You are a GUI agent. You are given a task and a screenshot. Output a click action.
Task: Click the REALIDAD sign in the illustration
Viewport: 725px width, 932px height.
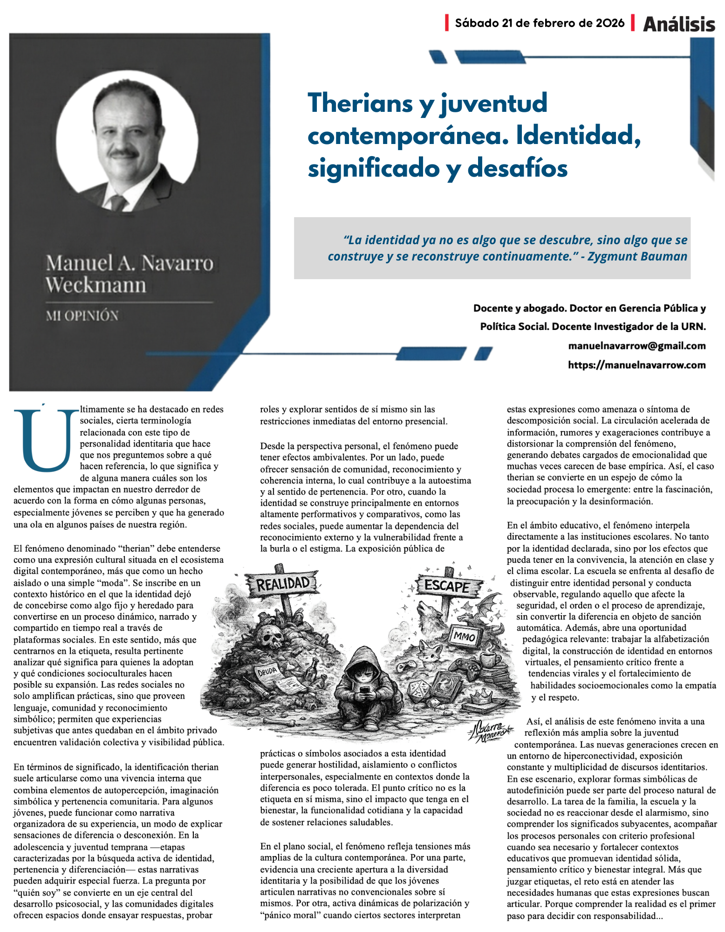tap(283, 583)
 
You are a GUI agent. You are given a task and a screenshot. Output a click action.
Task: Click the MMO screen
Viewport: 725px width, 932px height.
tap(464, 637)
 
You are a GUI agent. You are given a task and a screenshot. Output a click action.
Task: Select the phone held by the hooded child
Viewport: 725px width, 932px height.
tap(364, 689)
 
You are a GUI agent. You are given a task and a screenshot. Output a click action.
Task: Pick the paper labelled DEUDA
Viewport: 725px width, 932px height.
tap(267, 672)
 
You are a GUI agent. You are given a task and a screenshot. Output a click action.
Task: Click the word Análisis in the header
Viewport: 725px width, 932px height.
tap(679, 24)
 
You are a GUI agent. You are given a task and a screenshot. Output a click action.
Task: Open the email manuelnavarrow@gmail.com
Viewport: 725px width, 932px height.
tap(636, 346)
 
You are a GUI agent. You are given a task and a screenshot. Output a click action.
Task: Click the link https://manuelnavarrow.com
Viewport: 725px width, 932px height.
tap(636, 365)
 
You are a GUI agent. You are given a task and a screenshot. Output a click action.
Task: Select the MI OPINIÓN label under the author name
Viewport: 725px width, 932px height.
tap(82, 316)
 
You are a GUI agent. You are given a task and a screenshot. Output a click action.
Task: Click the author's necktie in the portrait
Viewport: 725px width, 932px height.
tap(118, 203)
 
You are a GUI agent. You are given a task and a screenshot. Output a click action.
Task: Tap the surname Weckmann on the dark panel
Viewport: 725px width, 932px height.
tap(96, 285)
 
